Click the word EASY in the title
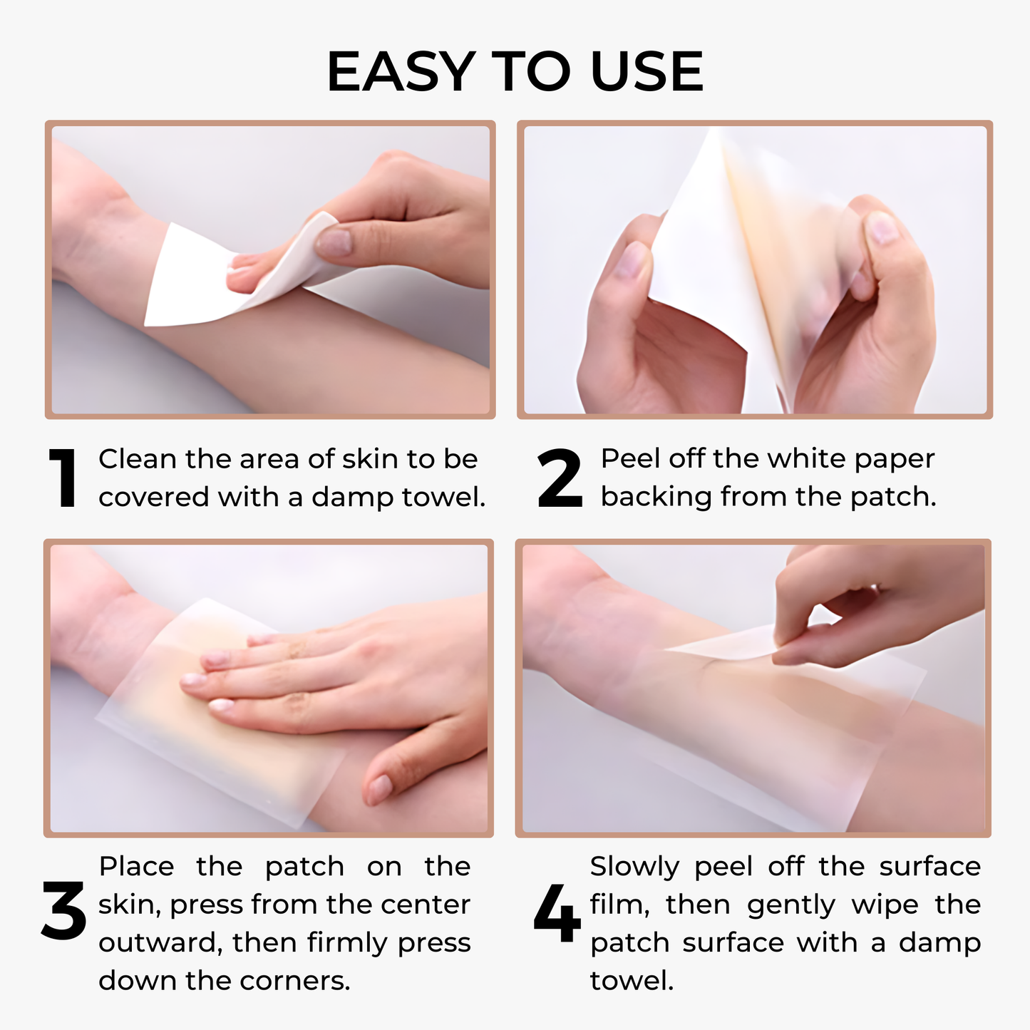coord(400,72)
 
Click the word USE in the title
coord(647,72)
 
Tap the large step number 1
coord(63,478)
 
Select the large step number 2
coord(560,478)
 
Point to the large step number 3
coord(63,912)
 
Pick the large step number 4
coord(557,914)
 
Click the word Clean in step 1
coord(138,459)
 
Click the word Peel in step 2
coord(630,458)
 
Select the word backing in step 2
coord(656,497)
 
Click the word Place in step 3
coord(136,866)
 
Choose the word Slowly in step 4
coord(634,867)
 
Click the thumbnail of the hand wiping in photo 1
coord(334,242)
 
